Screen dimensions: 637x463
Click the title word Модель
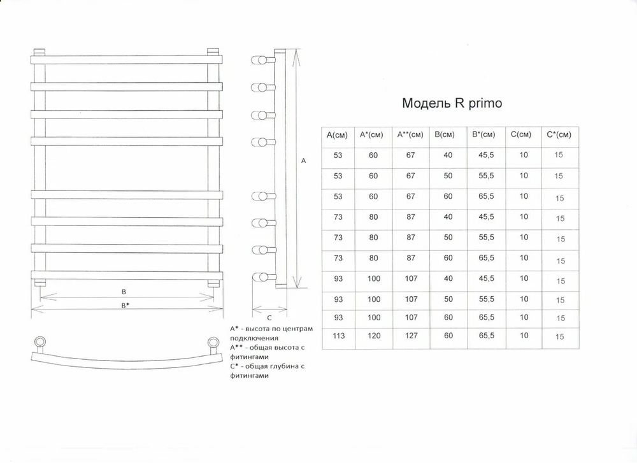(426, 103)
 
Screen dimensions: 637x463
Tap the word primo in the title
(485, 104)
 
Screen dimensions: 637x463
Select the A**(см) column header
(410, 134)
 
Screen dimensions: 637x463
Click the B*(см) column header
(483, 134)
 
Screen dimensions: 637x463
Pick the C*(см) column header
(559, 134)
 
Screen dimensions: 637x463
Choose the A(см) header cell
(337, 135)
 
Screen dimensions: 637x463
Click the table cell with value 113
(338, 336)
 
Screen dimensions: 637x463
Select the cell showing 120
(374, 336)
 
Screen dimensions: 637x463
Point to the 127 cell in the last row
(411, 336)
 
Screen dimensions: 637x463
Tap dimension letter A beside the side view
(303, 161)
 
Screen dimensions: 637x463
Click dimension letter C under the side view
(269, 318)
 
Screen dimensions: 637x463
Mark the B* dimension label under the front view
(125, 306)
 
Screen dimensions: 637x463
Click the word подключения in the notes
(254, 338)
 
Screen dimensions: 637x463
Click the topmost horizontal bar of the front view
(126, 60)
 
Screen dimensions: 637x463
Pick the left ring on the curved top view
(39, 341)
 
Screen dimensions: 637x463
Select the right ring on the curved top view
(213, 342)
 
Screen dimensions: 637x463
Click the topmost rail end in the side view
(260, 60)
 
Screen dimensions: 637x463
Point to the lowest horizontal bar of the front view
(126, 275)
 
